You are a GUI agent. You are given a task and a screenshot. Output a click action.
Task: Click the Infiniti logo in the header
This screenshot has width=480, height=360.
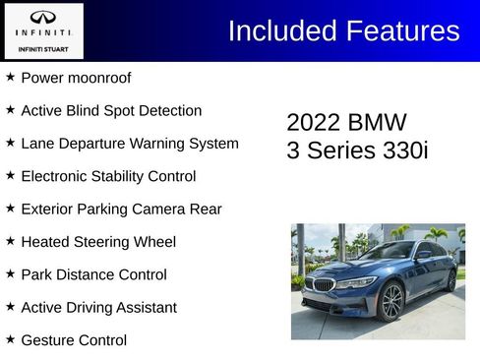click(43, 18)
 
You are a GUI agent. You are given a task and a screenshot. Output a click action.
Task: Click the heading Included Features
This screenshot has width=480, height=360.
click(343, 30)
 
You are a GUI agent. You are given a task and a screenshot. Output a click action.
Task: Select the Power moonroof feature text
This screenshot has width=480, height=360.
click(76, 78)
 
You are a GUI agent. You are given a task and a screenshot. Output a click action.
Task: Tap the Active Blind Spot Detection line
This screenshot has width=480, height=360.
click(111, 111)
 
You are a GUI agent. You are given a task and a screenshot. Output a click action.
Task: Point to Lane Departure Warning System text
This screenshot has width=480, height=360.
click(129, 144)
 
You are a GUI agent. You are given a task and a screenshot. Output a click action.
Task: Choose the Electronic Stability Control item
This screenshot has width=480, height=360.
click(108, 176)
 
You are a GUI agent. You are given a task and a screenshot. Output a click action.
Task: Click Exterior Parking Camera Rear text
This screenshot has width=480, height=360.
click(121, 209)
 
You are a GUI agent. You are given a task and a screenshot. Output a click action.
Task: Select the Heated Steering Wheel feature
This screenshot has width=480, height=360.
click(98, 242)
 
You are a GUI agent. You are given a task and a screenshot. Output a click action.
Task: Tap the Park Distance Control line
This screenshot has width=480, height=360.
click(93, 274)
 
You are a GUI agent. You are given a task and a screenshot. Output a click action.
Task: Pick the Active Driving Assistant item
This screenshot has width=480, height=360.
click(98, 308)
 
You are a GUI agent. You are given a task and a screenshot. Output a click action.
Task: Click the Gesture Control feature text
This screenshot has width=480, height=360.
click(74, 340)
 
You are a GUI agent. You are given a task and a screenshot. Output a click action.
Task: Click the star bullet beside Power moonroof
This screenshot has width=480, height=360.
click(10, 77)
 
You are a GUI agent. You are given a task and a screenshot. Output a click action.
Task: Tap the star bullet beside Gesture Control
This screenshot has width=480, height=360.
click(10, 339)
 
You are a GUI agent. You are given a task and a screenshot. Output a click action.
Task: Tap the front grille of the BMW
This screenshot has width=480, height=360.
click(322, 285)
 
